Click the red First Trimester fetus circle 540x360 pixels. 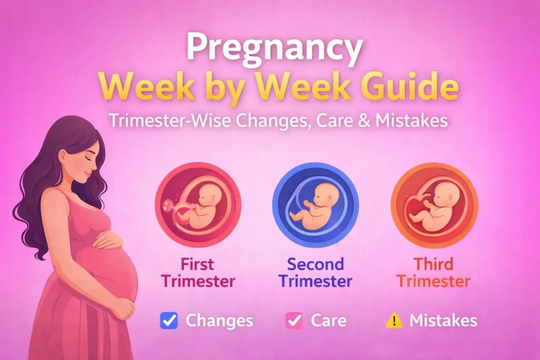pyautogui.click(x=198, y=205)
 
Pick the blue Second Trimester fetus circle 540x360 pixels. pyautogui.click(x=316, y=205)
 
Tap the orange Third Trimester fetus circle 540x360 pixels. pyautogui.click(x=434, y=205)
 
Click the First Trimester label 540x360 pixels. pyautogui.click(x=198, y=273)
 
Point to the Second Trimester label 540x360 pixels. pyautogui.click(x=316, y=273)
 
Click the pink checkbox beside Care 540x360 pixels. pyautogui.click(x=294, y=321)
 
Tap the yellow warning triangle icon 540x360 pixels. pyautogui.click(x=394, y=321)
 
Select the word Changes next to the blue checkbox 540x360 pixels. pyautogui.click(x=219, y=321)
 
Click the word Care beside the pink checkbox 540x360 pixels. pyautogui.click(x=329, y=321)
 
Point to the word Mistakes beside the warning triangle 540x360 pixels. pyautogui.click(x=443, y=321)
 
